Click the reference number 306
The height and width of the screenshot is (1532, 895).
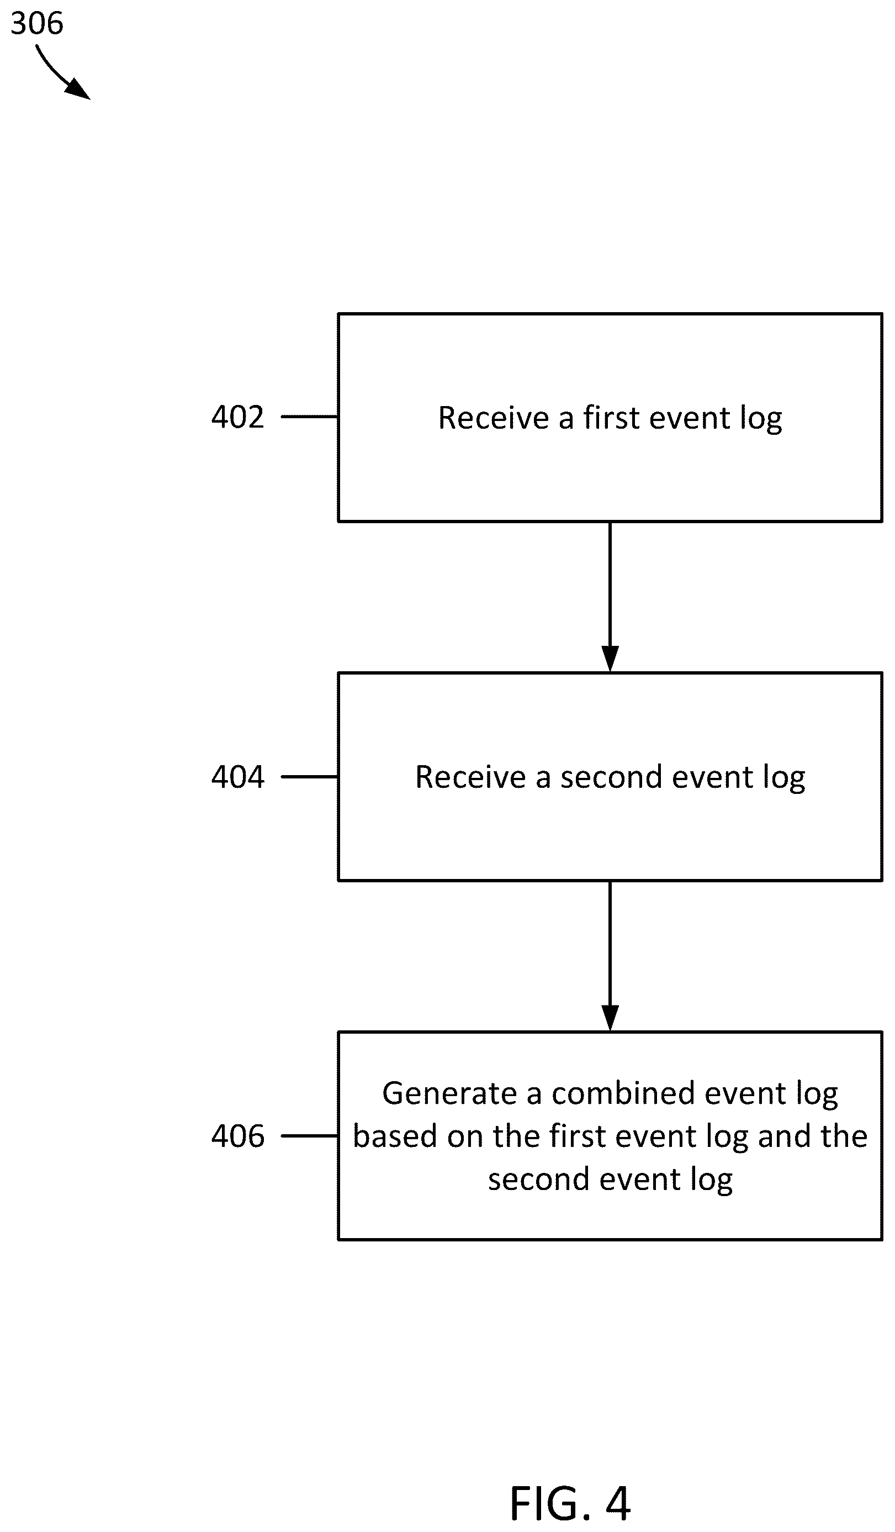37,23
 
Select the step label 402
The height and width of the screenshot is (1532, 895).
237,417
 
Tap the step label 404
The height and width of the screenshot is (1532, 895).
237,777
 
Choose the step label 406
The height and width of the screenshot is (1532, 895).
237,1136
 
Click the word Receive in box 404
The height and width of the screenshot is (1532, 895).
470,777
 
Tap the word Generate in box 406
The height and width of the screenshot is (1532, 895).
449,1093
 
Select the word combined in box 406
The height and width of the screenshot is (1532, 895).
624,1093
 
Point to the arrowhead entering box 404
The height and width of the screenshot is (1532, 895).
610,659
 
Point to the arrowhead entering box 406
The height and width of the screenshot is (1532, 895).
610,1018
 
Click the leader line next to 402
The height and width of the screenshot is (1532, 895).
310,417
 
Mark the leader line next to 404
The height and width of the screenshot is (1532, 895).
310,777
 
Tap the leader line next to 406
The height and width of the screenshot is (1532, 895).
310,1136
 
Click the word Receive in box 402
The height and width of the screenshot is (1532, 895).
494,418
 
